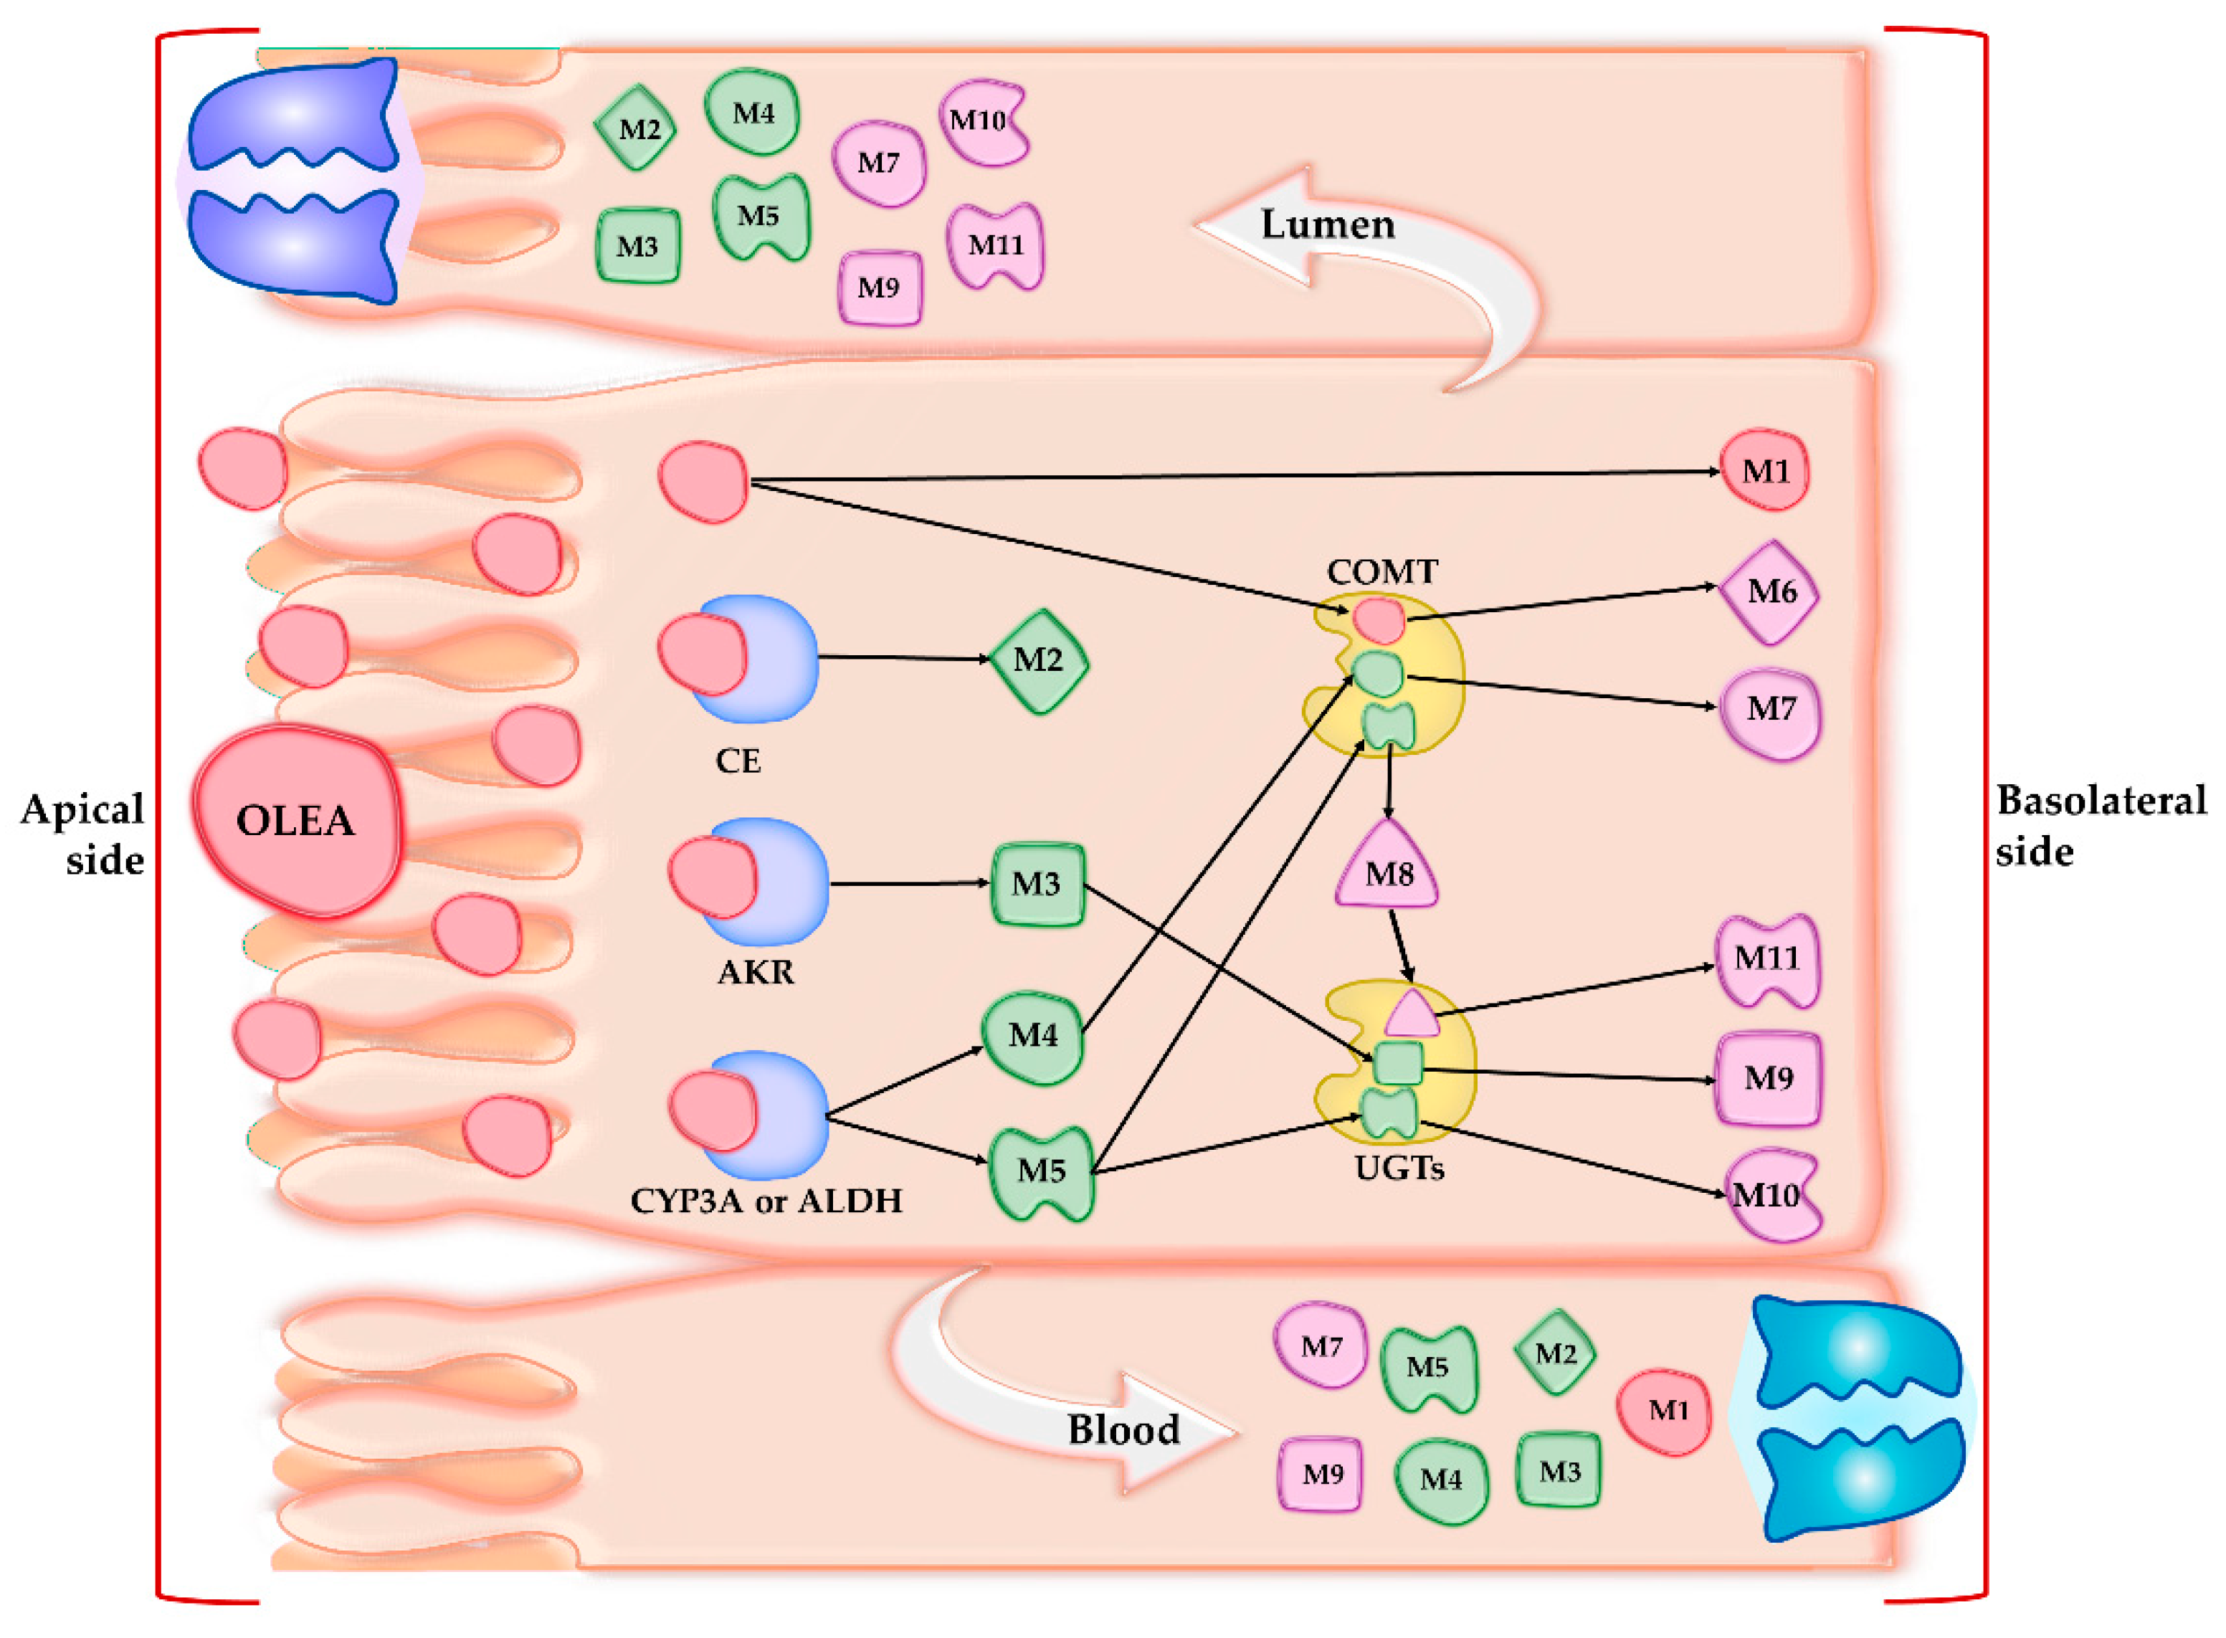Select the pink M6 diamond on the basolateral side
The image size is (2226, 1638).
click(1770, 592)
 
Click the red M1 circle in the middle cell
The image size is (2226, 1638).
click(1765, 470)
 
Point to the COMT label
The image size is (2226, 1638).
click(1382, 572)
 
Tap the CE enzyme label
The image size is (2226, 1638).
click(738, 761)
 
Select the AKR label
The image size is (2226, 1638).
click(756, 972)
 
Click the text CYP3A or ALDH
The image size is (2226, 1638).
click(766, 1201)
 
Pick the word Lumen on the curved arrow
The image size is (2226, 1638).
click(1327, 224)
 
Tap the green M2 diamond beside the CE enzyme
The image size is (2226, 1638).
click(1038, 660)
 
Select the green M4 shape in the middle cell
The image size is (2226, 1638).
click(1032, 1036)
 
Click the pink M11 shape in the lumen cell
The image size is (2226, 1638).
click(994, 245)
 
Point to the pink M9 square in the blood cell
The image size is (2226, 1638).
click(1321, 1475)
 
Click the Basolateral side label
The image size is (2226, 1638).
click(2100, 825)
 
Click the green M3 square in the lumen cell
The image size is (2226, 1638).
click(637, 246)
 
